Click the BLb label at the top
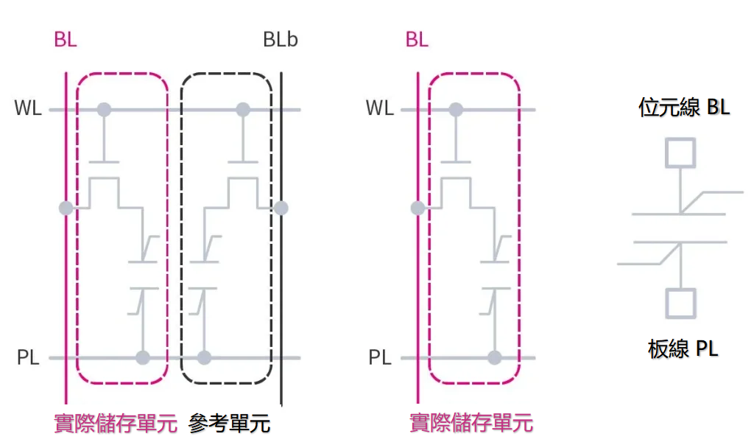pos(281,40)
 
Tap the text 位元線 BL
pos(684,108)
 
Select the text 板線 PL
pos(683,348)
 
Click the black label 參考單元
pos(230,424)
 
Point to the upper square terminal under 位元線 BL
pos(681,152)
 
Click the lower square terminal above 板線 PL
pos(681,303)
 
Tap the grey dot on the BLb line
pos(281,208)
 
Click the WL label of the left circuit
pos(28,109)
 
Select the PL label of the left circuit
pos(28,359)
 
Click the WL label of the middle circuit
pos(380,109)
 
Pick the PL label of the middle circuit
pos(380,359)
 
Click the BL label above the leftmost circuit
pos(65,40)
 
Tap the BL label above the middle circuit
pos(417,40)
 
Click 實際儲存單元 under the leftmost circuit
pos(116,424)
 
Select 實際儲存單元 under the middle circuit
pos(471,424)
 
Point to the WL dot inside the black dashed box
pos(242,110)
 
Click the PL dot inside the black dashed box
pos(205,358)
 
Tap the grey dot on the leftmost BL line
pos(66,208)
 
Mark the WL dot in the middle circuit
pos(457,110)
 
